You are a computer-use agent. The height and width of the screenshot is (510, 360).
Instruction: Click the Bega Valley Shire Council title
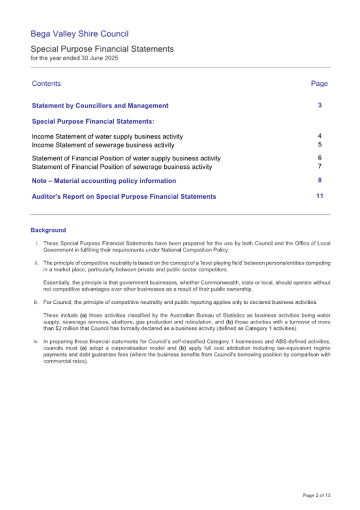pos(79,34)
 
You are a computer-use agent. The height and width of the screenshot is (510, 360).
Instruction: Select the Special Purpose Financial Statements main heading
pos(102,49)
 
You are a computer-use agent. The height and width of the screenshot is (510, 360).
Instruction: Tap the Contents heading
pos(46,84)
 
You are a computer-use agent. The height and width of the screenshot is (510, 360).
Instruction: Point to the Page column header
pos(319,84)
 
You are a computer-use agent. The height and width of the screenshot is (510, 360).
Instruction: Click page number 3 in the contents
pos(319,106)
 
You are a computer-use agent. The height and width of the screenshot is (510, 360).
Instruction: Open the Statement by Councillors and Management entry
pos(100,106)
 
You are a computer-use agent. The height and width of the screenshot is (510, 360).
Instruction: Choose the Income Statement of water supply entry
pos(107,136)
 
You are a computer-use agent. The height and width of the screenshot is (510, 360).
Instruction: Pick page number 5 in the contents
pos(319,144)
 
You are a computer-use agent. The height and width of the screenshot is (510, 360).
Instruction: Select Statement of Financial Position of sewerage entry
pos(122,167)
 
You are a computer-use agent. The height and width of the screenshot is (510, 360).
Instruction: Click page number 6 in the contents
pos(319,158)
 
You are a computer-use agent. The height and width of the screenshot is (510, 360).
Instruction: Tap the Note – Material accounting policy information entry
pos(104,181)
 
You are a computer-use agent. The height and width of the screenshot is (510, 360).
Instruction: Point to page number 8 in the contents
pos(319,181)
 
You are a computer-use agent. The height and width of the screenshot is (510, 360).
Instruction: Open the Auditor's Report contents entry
pos(124,197)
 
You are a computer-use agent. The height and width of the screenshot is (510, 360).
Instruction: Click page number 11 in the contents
pos(319,196)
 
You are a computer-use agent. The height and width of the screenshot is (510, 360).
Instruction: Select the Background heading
pos(49,230)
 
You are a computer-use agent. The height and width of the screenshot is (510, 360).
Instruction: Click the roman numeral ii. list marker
pos(37,263)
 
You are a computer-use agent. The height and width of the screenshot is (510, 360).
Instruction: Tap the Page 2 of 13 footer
pos(316,495)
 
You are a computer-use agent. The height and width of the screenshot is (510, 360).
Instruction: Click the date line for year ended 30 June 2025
pos(74,58)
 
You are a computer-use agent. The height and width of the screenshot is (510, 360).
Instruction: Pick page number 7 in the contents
pos(319,167)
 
